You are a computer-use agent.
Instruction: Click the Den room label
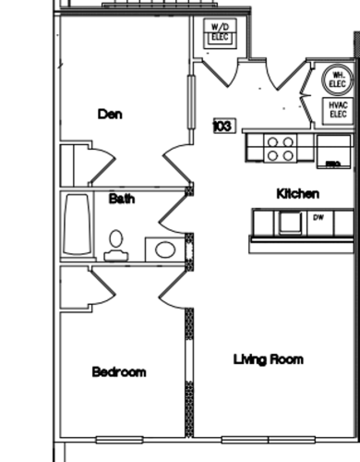111,115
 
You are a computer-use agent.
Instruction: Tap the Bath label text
122,198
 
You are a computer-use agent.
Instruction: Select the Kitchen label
298,194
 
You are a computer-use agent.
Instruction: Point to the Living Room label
268,359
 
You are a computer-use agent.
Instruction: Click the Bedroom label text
119,371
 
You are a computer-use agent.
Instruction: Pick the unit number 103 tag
222,126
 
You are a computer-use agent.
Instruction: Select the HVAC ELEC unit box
337,110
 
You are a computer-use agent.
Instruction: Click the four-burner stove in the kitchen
281,148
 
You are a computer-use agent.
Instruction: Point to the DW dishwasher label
318,219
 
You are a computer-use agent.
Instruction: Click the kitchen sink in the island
290,222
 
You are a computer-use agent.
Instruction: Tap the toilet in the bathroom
115,244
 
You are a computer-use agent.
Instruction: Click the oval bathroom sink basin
165,249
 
